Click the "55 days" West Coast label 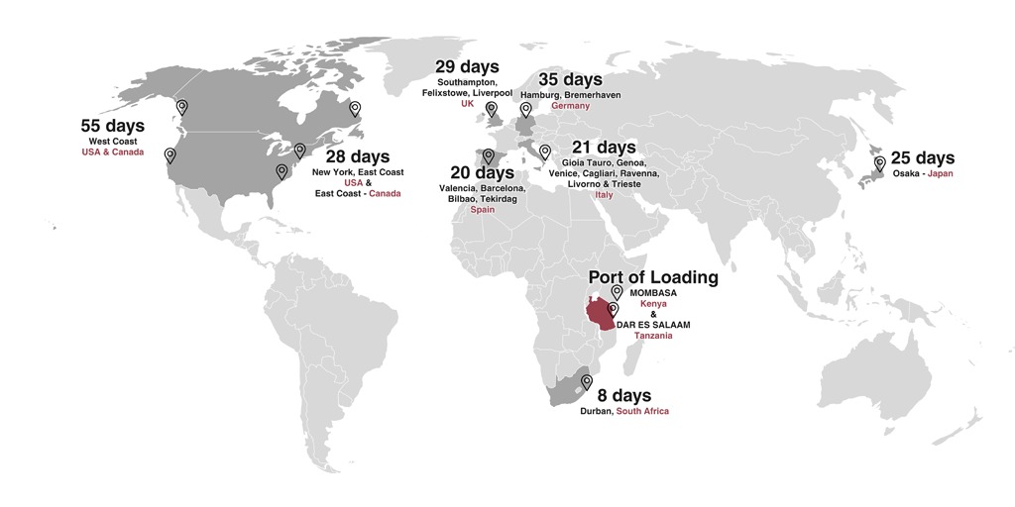[113, 126]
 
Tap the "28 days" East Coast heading [358, 156]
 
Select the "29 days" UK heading [467, 66]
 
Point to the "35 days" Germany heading [570, 79]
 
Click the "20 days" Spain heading [482, 173]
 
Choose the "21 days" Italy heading [604, 148]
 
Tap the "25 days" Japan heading [923, 157]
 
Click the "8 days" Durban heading [624, 396]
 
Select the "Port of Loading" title [653, 277]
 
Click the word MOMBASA [653, 292]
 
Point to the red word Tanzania [653, 336]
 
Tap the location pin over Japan [878, 163]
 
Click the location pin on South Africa [587, 381]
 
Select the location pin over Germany [525, 110]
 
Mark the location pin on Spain [487, 155]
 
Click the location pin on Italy [544, 152]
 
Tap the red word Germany [570, 106]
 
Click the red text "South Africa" [642, 411]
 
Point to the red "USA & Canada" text [113, 152]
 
